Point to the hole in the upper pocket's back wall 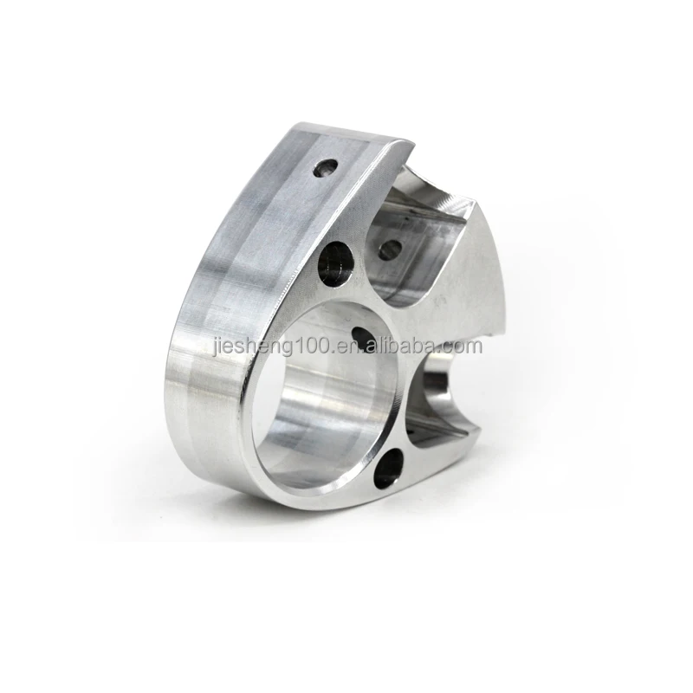click(x=390, y=249)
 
